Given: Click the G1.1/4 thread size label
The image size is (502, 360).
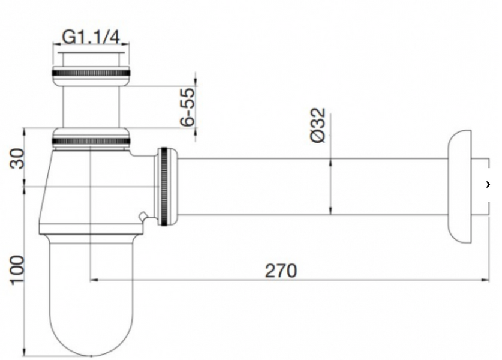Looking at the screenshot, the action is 91,37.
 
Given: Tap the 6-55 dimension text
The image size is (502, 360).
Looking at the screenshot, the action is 188,107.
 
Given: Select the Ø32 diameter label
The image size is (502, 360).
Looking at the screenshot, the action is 318,125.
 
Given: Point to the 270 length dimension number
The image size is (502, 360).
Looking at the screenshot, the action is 281,271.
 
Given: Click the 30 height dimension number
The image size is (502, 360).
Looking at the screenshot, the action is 17,158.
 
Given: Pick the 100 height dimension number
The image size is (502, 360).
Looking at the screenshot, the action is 17,269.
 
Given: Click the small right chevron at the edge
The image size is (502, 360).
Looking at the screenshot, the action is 488,184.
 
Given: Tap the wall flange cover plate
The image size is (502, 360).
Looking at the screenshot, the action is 460,187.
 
